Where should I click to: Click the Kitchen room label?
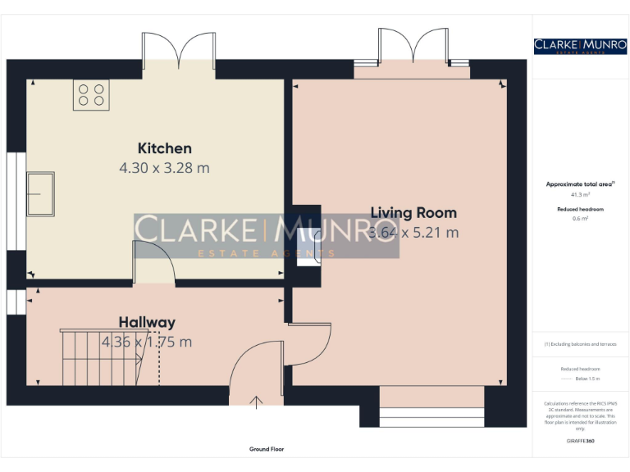point(164,148)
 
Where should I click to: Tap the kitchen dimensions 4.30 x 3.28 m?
point(164,168)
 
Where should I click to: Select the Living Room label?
point(413,213)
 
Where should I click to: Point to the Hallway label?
point(147,322)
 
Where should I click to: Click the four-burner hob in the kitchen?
point(91,94)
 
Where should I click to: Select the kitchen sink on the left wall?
point(39,193)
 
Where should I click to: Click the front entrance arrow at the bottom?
point(257,401)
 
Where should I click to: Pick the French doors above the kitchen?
point(177,49)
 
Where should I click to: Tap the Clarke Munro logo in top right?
point(580,46)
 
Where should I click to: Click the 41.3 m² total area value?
point(580,195)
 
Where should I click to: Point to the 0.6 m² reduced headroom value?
point(580,219)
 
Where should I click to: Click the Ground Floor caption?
point(267,449)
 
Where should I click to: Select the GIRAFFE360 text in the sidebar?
point(580,442)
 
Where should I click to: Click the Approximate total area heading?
point(580,184)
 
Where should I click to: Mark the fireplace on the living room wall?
point(308,247)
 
